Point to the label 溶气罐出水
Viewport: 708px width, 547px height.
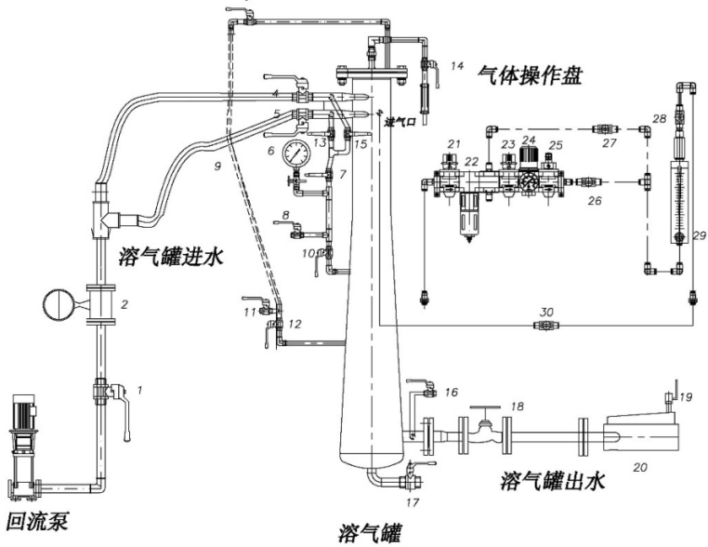click(552, 482)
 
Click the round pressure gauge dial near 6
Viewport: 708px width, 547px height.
click(297, 152)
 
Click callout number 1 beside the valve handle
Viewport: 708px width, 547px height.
click(140, 391)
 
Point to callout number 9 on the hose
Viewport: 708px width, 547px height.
click(217, 166)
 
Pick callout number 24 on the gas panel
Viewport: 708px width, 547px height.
click(530, 140)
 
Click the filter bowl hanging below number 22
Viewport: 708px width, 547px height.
click(472, 219)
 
